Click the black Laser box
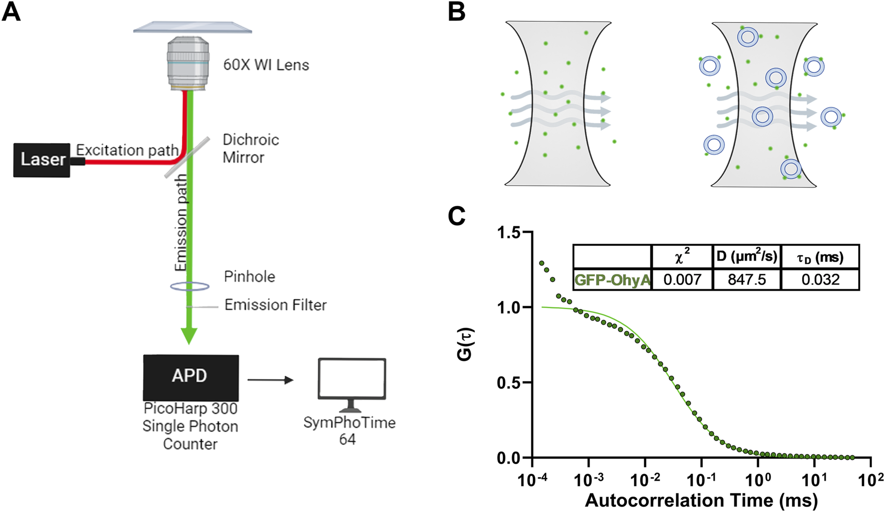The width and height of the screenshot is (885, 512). (42, 160)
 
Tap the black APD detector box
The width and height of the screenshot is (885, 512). (190, 377)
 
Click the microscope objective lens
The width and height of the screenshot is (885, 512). (188, 64)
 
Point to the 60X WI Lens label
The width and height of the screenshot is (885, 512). (266, 65)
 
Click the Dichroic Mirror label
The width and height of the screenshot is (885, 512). (250, 148)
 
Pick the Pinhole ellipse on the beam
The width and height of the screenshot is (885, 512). (189, 286)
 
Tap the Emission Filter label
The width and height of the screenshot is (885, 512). (275, 305)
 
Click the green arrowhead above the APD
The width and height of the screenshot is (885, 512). (189, 336)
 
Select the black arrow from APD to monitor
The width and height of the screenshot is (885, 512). (270, 380)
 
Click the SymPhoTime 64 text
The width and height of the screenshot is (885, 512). (349, 431)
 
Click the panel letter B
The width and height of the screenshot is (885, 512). (456, 12)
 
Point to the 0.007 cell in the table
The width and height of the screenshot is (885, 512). (682, 279)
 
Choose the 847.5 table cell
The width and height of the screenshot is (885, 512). (747, 279)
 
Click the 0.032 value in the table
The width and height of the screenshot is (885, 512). (820, 279)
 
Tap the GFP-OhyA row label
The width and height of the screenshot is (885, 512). (612, 279)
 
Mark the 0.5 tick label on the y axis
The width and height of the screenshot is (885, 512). (508, 383)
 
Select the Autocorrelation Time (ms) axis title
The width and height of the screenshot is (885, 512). (701, 500)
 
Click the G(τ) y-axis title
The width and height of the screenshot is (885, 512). (465, 345)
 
